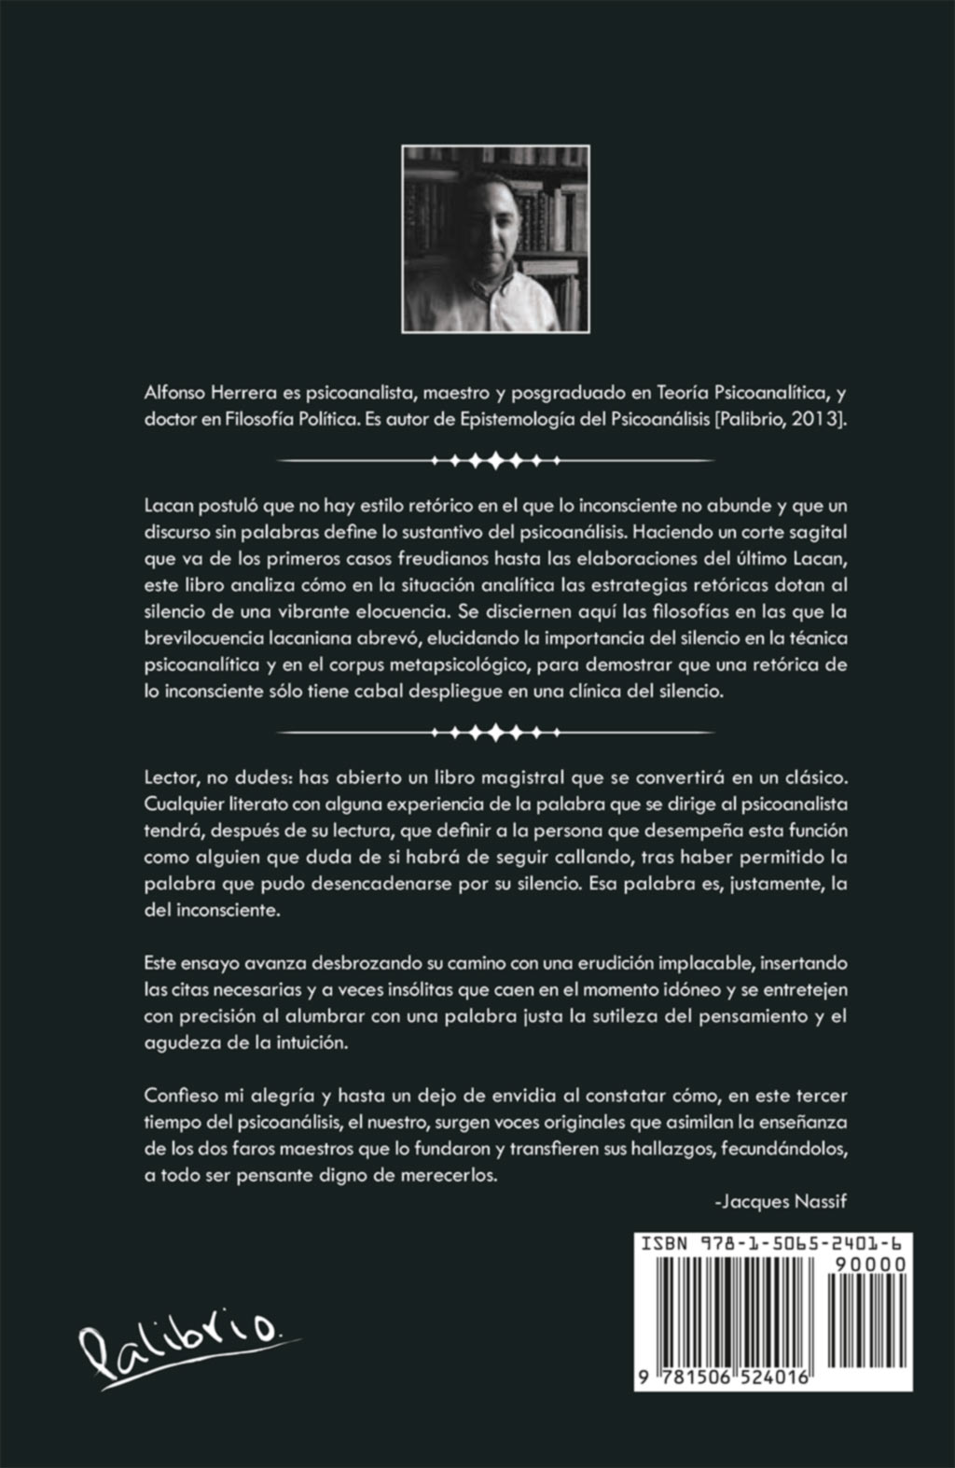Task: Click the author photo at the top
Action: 495,239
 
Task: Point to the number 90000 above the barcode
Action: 875,1265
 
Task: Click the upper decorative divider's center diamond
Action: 495,460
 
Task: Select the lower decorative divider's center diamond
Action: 495,731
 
